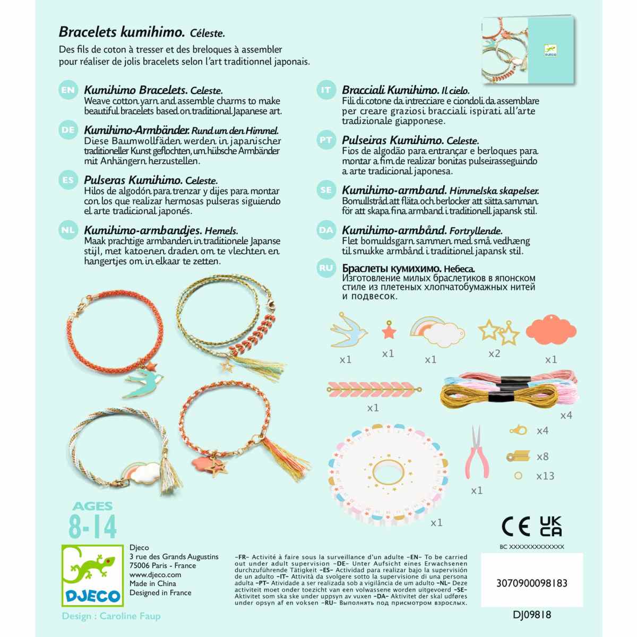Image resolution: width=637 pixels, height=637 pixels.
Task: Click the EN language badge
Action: pyautogui.click(x=68, y=90)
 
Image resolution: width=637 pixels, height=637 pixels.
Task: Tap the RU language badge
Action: pyautogui.click(x=326, y=269)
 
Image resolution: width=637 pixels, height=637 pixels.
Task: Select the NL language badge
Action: pyautogui.click(x=68, y=230)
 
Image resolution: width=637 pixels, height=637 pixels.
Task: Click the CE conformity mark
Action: pyautogui.click(x=515, y=526)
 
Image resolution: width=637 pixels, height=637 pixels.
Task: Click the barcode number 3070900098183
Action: pyautogui.click(x=531, y=583)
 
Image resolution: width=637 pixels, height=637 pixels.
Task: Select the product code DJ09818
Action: pyautogui.click(x=532, y=615)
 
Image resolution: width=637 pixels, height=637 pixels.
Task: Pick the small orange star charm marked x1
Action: pyautogui.click(x=389, y=332)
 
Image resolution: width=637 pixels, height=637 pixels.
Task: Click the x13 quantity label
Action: pyautogui.click(x=545, y=476)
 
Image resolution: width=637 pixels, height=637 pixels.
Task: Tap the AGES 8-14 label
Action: pyautogui.click(x=92, y=521)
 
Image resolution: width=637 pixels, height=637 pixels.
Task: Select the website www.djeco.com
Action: pyautogui.click(x=155, y=574)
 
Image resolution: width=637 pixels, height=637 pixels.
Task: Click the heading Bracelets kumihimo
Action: pyautogui.click(x=122, y=32)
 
